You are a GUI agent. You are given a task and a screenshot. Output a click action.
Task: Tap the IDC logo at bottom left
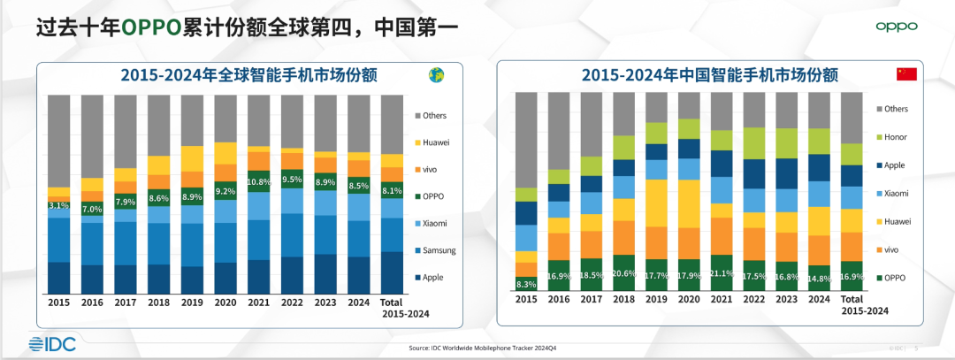[53, 344]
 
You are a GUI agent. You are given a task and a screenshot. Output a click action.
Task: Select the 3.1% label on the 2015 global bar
[59, 205]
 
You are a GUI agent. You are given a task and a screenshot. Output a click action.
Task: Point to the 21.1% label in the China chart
[722, 272]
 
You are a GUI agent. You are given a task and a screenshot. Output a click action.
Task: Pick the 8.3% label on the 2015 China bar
[526, 285]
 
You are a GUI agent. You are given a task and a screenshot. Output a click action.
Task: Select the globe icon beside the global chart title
[435, 75]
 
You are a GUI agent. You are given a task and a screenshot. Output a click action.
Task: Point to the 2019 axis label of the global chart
[193, 303]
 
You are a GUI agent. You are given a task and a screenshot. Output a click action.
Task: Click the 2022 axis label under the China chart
[754, 300]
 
